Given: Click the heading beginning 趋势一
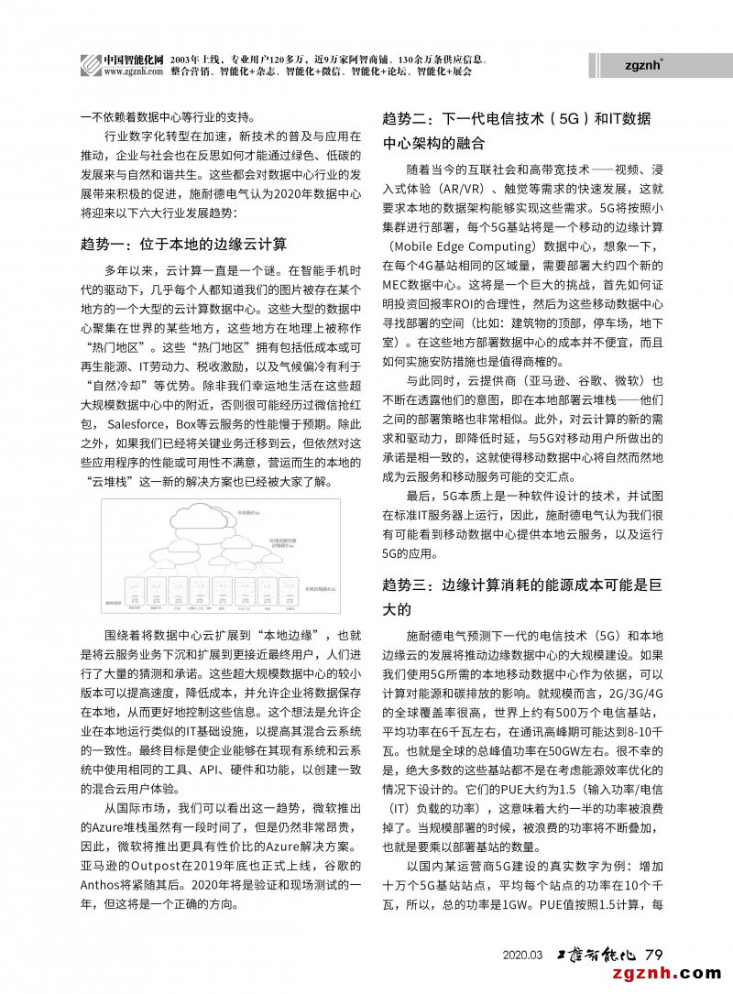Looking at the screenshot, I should click(x=184, y=244).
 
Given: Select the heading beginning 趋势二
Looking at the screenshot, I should click(x=517, y=131).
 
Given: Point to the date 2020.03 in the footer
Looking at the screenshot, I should click(x=523, y=956).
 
